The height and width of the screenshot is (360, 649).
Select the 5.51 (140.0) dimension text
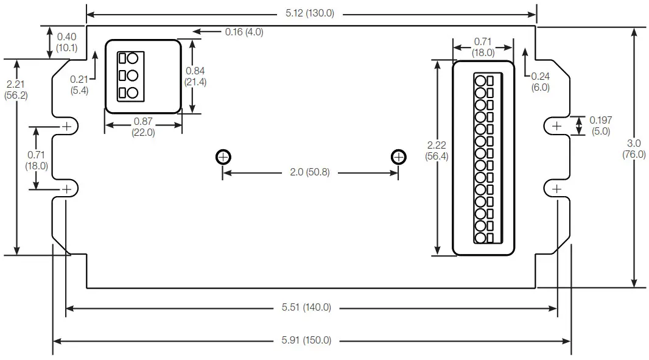(306, 308)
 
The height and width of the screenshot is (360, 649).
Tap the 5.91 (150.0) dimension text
(306, 341)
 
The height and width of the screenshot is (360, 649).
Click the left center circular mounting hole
(223, 157)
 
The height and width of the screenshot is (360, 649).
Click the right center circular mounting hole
(398, 157)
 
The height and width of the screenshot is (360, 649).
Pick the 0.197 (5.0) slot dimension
(600, 125)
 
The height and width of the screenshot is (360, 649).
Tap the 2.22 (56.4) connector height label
(437, 150)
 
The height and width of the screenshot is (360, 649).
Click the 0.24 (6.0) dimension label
(541, 82)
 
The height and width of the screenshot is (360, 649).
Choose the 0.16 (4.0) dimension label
(244, 32)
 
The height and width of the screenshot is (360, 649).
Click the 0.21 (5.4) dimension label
(79, 85)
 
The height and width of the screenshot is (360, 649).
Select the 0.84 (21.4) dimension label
(195, 77)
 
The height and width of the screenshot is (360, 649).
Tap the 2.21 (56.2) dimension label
(16, 90)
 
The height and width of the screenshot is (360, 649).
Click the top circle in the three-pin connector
(132, 58)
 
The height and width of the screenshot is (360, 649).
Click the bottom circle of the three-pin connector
(132, 93)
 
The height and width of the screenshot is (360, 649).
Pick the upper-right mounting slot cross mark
(556, 125)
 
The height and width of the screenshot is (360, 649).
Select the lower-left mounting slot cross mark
(66, 189)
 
